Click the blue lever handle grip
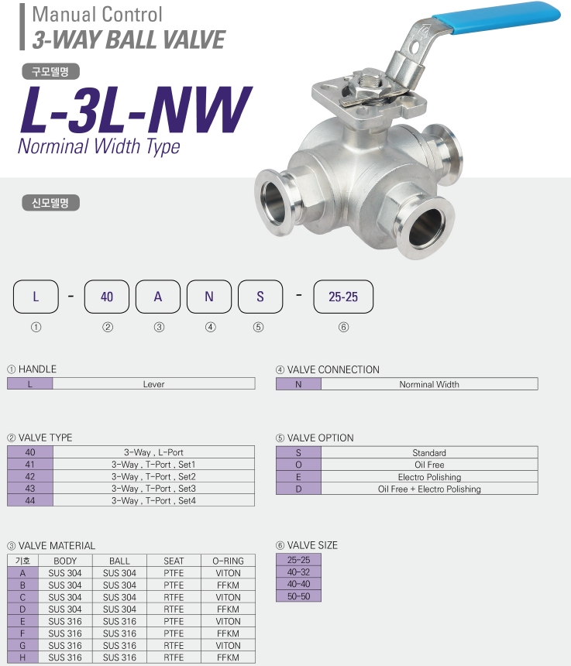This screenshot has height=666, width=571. click(x=496, y=15)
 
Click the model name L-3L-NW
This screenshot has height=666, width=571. click(x=136, y=110)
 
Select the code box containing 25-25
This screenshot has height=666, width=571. click(x=343, y=297)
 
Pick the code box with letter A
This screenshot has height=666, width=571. click(x=157, y=297)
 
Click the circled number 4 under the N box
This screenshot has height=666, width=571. click(x=210, y=327)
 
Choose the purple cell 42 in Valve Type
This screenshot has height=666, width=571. click(x=30, y=476)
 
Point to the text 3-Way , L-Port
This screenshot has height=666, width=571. click(x=153, y=452)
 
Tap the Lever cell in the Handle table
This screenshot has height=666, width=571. click(x=154, y=384)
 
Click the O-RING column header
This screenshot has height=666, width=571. click(x=228, y=561)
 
